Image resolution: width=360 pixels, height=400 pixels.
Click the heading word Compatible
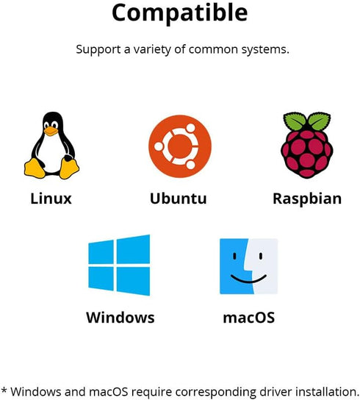[180, 13]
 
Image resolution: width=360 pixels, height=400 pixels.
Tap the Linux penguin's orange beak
[51, 131]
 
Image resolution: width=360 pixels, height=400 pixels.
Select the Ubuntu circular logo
[180, 146]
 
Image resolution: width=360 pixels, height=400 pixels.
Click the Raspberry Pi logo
[307, 145]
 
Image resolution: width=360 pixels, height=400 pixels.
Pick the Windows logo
[119, 265]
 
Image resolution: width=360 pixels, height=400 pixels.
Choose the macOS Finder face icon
[248, 266]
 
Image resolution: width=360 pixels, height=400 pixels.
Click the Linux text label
[51, 199]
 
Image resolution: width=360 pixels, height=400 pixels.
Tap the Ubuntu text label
[179, 199]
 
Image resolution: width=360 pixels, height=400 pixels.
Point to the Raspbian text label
[307, 199]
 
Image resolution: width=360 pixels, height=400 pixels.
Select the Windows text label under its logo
[120, 318]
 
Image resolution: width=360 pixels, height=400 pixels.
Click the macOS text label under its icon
[249, 318]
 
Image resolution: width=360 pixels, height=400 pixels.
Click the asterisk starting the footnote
[4, 390]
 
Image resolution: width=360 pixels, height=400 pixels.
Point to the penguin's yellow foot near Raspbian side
[69, 168]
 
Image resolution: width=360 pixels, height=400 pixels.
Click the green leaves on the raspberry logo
[307, 121]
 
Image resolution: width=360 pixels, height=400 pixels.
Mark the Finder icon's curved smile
[248, 279]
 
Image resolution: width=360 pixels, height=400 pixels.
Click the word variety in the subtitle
[152, 49]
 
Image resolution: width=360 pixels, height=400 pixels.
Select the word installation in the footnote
[328, 392]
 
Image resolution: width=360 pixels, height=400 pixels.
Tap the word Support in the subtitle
[98, 49]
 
